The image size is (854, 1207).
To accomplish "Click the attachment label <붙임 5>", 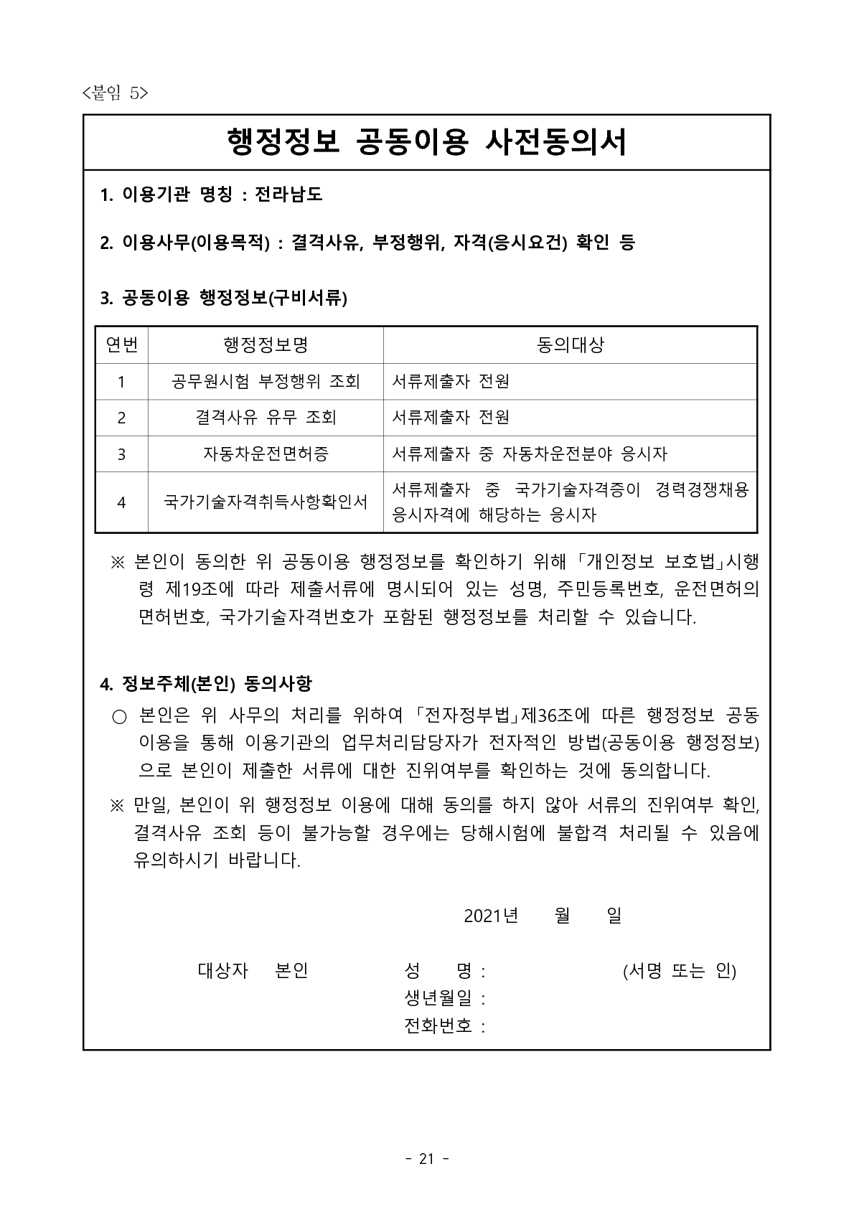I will [x=115, y=93].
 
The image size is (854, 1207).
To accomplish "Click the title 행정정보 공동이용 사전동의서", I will [x=426, y=142].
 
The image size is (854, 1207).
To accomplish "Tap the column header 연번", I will [x=121, y=345].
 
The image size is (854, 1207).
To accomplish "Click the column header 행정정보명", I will [x=266, y=345].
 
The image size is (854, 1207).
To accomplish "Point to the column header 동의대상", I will [x=570, y=345].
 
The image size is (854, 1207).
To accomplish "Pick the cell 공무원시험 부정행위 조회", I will [x=266, y=381].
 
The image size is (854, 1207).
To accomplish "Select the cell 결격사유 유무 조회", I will [x=266, y=417].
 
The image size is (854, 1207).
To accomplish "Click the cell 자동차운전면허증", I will [x=266, y=454].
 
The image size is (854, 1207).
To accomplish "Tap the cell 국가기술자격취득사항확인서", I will [x=266, y=502].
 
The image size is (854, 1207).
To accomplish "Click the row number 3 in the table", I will [x=121, y=454].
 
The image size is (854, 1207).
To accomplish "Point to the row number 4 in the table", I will [x=121, y=502].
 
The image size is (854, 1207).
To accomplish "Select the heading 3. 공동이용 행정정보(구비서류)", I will [x=223, y=298].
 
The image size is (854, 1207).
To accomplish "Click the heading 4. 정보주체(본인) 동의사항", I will [x=206, y=682].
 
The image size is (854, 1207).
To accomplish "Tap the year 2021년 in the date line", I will [x=490, y=916].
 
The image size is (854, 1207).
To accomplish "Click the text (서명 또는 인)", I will [x=679, y=971].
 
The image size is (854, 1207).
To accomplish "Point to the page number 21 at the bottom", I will [x=427, y=1158].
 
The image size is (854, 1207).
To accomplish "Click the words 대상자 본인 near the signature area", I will [x=253, y=971].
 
